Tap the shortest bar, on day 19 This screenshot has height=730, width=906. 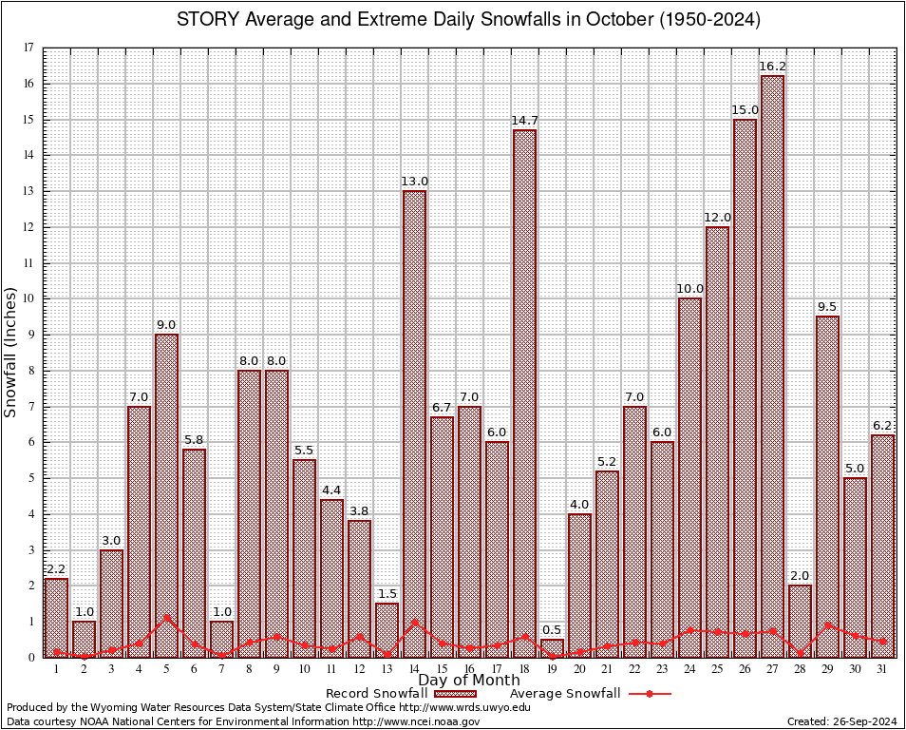[552, 647]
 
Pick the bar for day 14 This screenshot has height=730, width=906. [414, 423]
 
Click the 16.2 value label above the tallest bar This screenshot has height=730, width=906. [772, 67]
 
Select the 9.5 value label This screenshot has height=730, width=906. [827, 306]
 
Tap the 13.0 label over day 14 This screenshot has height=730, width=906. [414, 182]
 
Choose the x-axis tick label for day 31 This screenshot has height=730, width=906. [882, 669]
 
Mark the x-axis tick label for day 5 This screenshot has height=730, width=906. [166, 669]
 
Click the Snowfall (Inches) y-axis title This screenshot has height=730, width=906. [11, 352]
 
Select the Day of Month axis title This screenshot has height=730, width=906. [469, 681]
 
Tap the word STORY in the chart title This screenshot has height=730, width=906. [208, 20]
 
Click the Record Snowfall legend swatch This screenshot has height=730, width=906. [455, 694]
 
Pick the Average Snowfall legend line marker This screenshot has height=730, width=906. [650, 694]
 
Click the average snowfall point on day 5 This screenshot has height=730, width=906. [166, 617]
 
